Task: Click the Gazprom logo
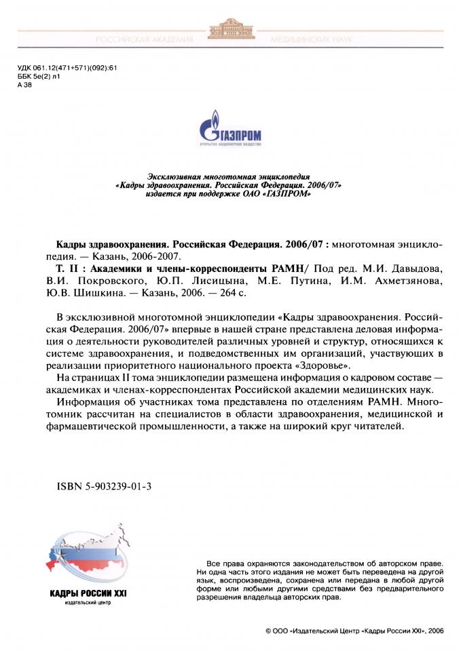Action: pyautogui.click(x=230, y=131)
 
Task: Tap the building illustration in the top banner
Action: pyautogui.click(x=232, y=31)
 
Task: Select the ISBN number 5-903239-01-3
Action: pyautogui.click(x=104, y=486)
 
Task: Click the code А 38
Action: pyautogui.click(x=24, y=85)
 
